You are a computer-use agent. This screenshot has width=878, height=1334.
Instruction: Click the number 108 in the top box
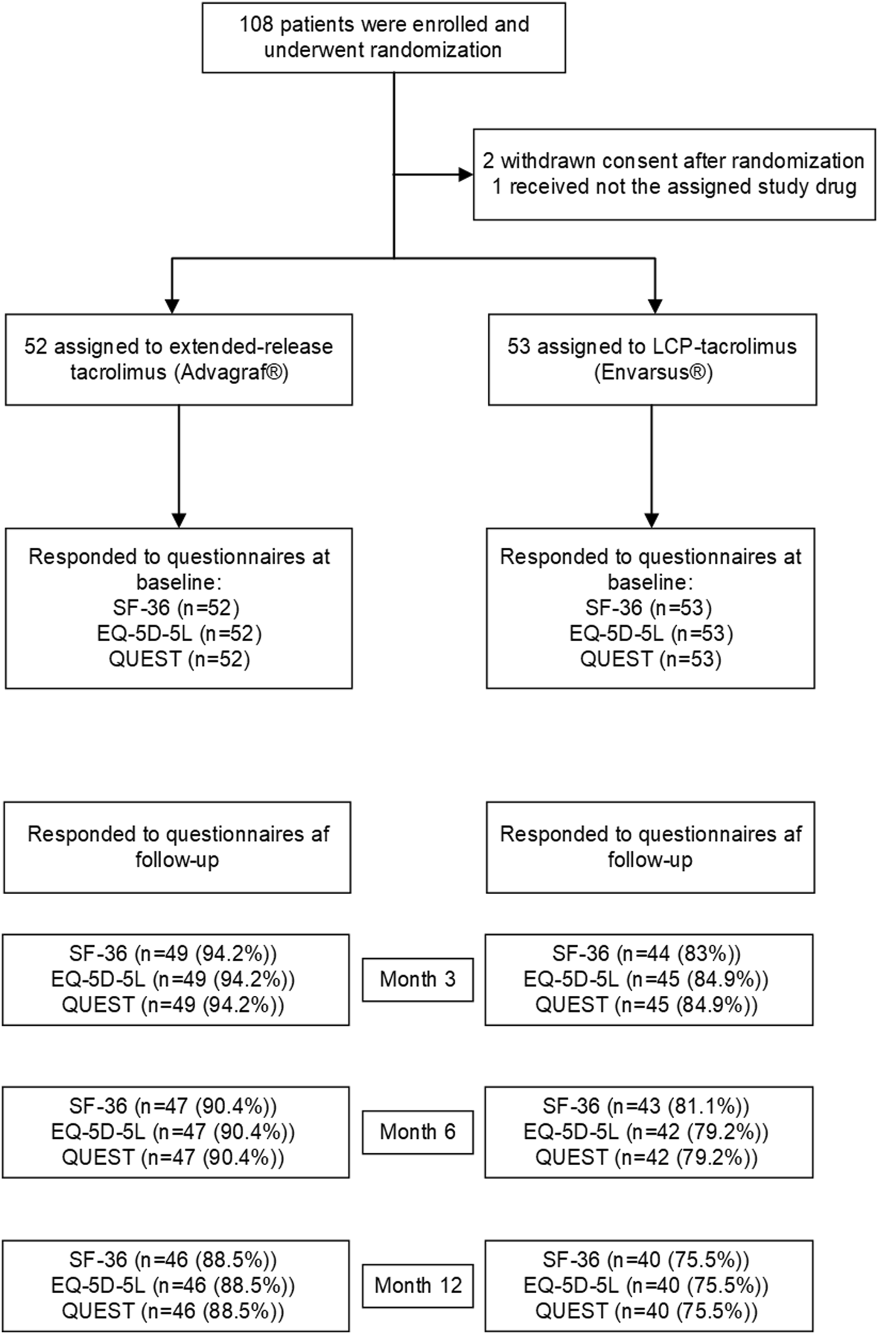pyautogui.click(x=257, y=24)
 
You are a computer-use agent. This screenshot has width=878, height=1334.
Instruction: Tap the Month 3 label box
pyautogui.click(x=418, y=979)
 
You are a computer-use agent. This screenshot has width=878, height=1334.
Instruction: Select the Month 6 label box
pyautogui.click(x=418, y=1132)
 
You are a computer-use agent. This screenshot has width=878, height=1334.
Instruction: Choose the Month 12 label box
pyautogui.click(x=418, y=1286)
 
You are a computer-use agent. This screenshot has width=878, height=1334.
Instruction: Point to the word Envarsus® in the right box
pyautogui.click(x=653, y=372)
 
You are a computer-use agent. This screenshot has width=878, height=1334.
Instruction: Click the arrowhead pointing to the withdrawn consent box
pyautogui.click(x=466, y=174)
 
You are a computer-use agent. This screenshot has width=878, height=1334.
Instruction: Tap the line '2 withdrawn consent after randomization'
pyautogui.click(x=674, y=161)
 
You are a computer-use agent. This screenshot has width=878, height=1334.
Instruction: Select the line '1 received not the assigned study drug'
pyautogui.click(x=674, y=186)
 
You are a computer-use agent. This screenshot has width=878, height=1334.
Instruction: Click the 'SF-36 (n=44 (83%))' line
pyautogui.click(x=647, y=954)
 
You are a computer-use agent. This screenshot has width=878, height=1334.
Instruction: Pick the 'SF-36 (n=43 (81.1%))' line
pyautogui.click(x=646, y=1106)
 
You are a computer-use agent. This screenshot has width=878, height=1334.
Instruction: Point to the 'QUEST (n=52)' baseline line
pyautogui.click(x=179, y=659)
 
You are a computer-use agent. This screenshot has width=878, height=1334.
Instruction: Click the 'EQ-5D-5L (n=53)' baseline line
pyautogui.click(x=651, y=633)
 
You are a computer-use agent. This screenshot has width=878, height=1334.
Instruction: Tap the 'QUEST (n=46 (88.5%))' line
pyautogui.click(x=173, y=1311)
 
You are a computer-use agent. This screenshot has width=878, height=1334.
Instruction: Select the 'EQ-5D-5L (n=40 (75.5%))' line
pyautogui.click(x=646, y=1285)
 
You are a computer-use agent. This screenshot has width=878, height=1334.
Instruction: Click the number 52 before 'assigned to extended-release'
pyautogui.click(x=36, y=346)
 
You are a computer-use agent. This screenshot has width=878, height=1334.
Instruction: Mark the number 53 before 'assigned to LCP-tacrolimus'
pyautogui.click(x=519, y=346)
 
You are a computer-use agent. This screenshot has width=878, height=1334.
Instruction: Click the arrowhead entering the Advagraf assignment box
pyautogui.click(x=172, y=306)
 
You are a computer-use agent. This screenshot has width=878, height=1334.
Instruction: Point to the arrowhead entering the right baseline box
pyautogui.click(x=652, y=520)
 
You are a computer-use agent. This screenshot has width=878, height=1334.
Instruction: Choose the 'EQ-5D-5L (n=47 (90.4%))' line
pyautogui.click(x=173, y=1131)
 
